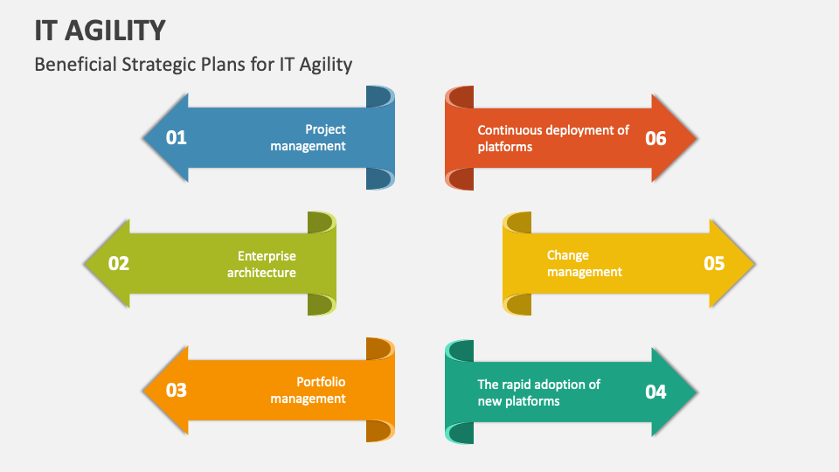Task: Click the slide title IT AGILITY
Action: click(100, 31)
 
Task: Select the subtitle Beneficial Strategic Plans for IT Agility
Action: click(193, 64)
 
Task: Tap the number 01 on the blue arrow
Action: click(177, 138)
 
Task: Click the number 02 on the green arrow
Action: click(119, 263)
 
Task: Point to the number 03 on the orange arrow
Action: click(177, 390)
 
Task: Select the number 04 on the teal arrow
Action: click(655, 392)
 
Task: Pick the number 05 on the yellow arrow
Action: click(714, 263)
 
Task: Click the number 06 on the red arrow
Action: click(655, 138)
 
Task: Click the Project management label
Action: click(309, 138)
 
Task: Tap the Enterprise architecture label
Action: click(262, 264)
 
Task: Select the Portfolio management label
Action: click(309, 390)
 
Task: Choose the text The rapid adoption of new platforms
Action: click(538, 392)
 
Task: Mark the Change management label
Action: click(584, 263)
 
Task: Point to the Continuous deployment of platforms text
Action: click(552, 138)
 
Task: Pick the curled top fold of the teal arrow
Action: click(460, 351)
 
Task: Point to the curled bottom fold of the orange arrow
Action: click(379, 430)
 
